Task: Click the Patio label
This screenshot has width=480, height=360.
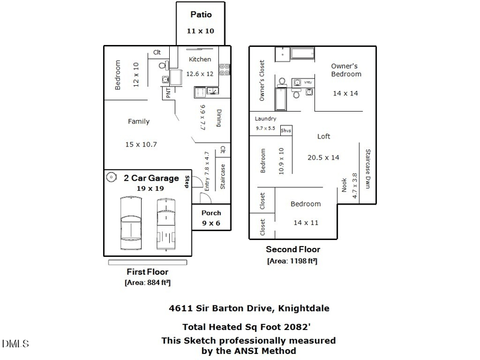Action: click(x=200, y=14)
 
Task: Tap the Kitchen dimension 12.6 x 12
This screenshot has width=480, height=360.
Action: click(x=200, y=74)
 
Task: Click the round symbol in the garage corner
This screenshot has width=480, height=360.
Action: click(x=112, y=177)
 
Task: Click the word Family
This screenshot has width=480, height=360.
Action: click(x=139, y=121)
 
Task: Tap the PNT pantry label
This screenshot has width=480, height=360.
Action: click(x=169, y=93)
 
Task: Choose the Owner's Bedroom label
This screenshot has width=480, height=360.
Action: click(x=346, y=70)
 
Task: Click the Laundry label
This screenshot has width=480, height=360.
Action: click(x=265, y=119)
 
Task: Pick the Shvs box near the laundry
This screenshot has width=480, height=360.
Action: click(x=286, y=130)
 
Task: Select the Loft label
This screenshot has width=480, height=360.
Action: click(x=323, y=136)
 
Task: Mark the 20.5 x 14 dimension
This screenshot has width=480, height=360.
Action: click(x=323, y=157)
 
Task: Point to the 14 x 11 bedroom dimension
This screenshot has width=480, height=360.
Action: click(x=305, y=223)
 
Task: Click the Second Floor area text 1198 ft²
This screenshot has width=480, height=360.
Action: click(x=292, y=261)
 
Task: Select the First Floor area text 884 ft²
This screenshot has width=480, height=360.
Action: click(x=148, y=283)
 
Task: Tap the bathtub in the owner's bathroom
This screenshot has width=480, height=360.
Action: click(x=281, y=100)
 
